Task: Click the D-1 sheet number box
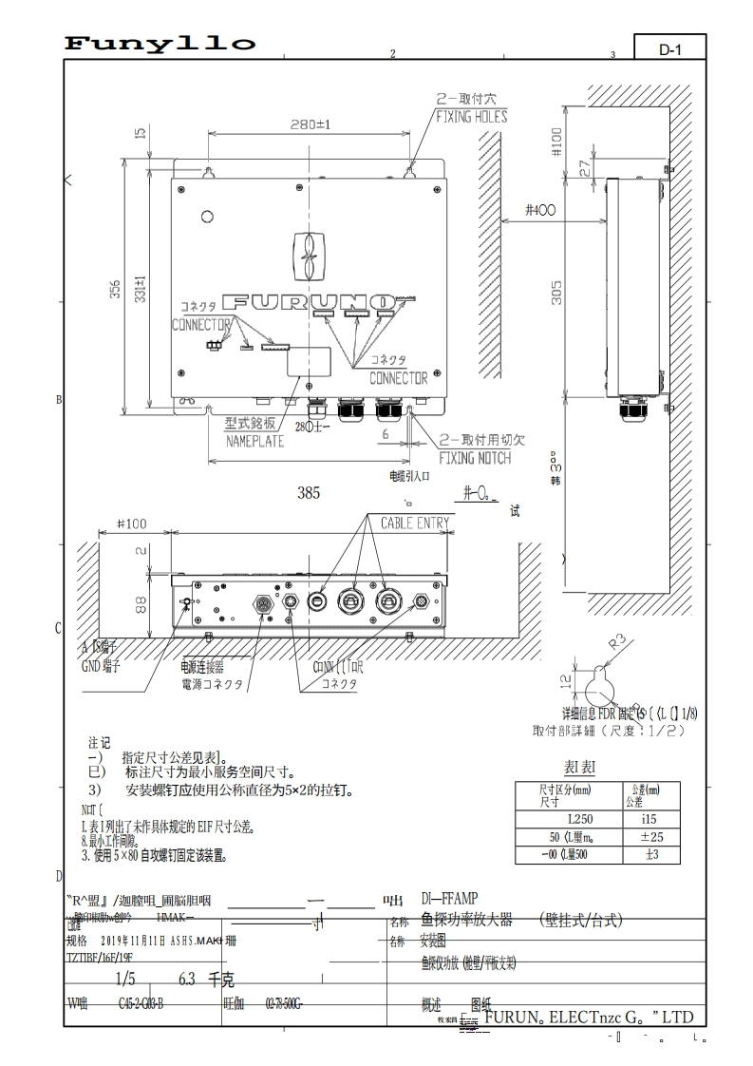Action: pyautogui.click(x=670, y=48)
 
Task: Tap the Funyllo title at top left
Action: pyautogui.click(x=160, y=44)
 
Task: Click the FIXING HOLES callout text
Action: pyautogui.click(x=471, y=117)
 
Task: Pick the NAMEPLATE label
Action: pyautogui.click(x=254, y=441)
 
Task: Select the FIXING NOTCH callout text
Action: pyautogui.click(x=474, y=458)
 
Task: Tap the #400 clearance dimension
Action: pyautogui.click(x=539, y=210)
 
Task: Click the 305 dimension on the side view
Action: pyautogui.click(x=557, y=293)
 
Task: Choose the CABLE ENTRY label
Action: pyautogui.click(x=415, y=523)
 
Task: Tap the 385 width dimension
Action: pyautogui.click(x=309, y=493)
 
